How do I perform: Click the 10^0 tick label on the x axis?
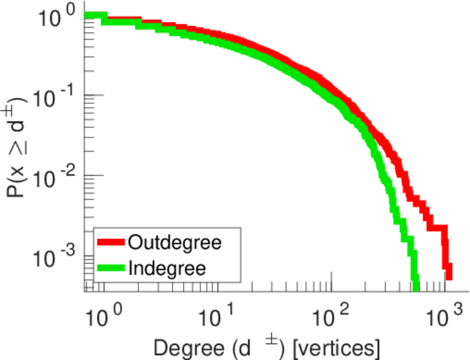tap(108, 315)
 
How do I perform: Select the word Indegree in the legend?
tap(167, 268)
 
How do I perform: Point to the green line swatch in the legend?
tap(111, 268)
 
